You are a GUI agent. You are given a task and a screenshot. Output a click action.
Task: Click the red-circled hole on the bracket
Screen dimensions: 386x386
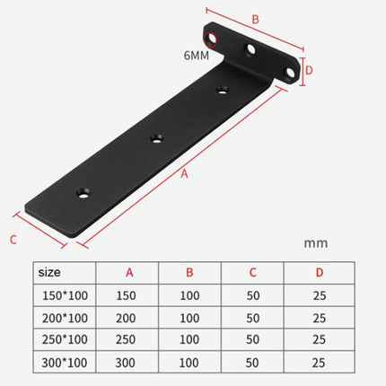pyautogui.click(x=215, y=39)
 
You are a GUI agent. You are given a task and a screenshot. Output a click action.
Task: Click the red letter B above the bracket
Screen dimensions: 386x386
pyautogui.click(x=255, y=19)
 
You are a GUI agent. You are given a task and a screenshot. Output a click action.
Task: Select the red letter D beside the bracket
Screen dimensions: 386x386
pyautogui.click(x=308, y=69)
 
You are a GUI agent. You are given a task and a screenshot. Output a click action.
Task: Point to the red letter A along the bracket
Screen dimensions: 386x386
pyautogui.click(x=185, y=174)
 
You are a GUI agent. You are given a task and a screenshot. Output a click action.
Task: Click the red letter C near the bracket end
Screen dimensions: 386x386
pyautogui.click(x=13, y=239)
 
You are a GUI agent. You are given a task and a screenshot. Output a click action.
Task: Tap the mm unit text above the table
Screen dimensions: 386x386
pyautogui.click(x=315, y=241)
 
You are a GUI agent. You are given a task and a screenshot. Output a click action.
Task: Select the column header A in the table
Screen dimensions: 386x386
pyautogui.click(x=127, y=273)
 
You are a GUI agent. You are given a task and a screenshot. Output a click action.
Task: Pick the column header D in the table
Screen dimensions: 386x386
pyautogui.click(x=319, y=273)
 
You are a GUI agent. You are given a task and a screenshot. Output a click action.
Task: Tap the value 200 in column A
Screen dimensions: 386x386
pyautogui.click(x=127, y=318)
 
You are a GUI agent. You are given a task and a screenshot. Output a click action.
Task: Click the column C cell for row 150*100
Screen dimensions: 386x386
pyautogui.click(x=255, y=294)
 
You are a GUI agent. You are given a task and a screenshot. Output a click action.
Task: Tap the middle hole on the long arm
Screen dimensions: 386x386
pyautogui.click(x=157, y=138)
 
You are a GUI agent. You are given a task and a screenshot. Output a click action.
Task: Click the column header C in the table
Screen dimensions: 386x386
pyautogui.click(x=255, y=273)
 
